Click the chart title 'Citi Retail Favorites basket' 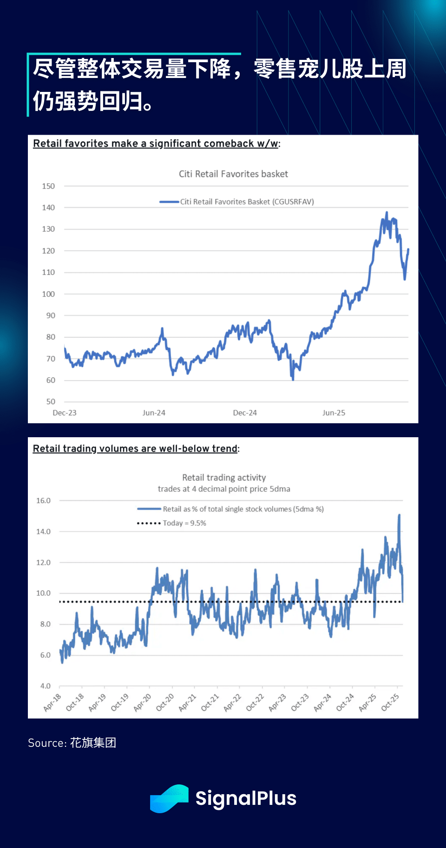pyautogui.click(x=233, y=174)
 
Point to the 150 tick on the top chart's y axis pyautogui.click(x=48, y=186)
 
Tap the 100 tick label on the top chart pyautogui.click(x=48, y=294)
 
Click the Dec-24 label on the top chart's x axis pyautogui.click(x=245, y=413)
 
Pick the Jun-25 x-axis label pyautogui.click(x=334, y=413)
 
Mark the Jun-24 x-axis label pyautogui.click(x=154, y=413)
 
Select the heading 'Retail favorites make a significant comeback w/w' pyautogui.click(x=156, y=143)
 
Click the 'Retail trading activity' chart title pyautogui.click(x=224, y=478)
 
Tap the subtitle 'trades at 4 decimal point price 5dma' pyautogui.click(x=224, y=489)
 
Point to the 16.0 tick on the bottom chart pyautogui.click(x=43, y=500)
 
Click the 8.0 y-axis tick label pyautogui.click(x=45, y=624)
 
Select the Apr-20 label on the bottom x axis pyautogui.click(x=143, y=703)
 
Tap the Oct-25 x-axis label pyautogui.click(x=390, y=703)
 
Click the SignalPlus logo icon pyautogui.click(x=169, y=798)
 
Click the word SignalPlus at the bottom pyautogui.click(x=246, y=798)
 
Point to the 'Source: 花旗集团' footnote pyautogui.click(x=72, y=743)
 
